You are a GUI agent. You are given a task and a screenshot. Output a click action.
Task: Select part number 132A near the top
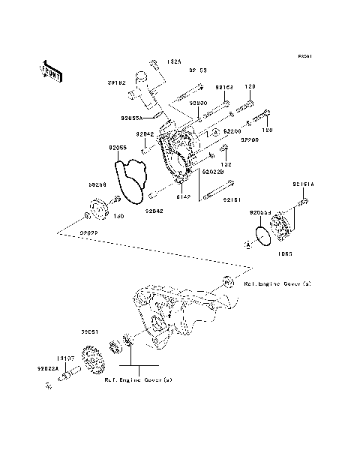(x=175, y=61)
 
